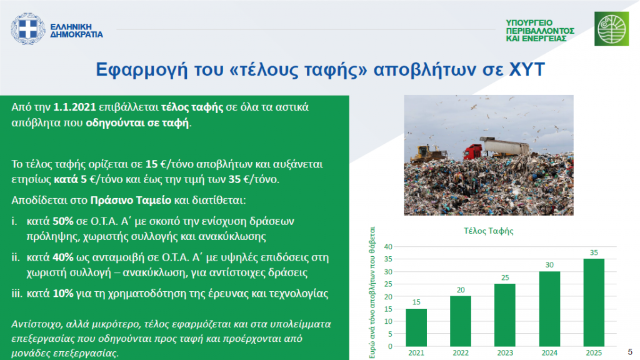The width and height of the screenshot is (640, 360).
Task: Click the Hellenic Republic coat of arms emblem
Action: tap(27, 29)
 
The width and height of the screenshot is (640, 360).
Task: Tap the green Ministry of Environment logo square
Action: tap(611, 29)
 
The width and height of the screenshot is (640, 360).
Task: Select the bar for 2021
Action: tap(416, 327)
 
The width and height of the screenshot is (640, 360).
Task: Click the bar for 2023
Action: tap(505, 315)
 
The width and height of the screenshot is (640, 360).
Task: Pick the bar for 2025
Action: tap(594, 302)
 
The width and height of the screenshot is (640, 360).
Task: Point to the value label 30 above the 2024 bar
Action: tap(549, 265)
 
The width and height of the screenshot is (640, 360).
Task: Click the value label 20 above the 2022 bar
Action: tap(461, 290)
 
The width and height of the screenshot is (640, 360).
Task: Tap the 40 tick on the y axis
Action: tap(387, 246)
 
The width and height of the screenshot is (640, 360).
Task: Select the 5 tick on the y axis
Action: tap(390, 334)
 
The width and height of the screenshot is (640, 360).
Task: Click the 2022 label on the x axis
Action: tap(461, 353)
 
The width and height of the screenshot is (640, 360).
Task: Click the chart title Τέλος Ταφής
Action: tap(489, 231)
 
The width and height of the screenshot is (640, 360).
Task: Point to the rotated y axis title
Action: tap(372, 292)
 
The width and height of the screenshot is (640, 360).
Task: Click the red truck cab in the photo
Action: tap(472, 151)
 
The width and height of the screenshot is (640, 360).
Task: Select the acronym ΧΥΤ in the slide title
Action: tap(527, 69)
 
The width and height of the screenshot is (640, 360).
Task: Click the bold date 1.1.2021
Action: tap(75, 107)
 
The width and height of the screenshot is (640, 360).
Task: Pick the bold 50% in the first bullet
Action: tap(63, 221)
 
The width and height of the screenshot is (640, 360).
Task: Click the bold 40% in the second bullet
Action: tap(63, 257)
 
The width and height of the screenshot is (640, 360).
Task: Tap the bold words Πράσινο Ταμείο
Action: tap(131, 201)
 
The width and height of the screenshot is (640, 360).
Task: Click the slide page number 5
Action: tap(630, 352)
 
